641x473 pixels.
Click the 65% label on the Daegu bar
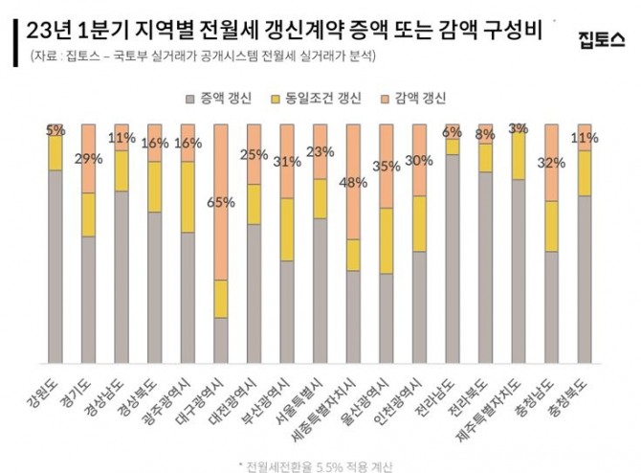point(219,202)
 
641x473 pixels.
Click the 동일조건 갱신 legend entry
point(317,98)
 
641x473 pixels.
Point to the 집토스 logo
point(601,37)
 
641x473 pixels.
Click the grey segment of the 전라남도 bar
point(452,254)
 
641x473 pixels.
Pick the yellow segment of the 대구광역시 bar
point(220,299)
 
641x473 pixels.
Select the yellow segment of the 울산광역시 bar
point(386,240)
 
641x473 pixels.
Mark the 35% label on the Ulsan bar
point(386,165)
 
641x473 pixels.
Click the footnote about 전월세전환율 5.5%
point(320,465)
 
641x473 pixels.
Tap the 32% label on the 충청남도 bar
point(551,162)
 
